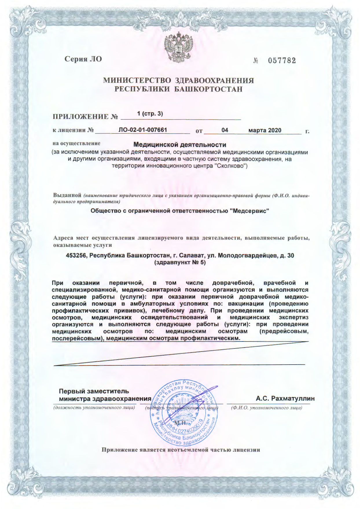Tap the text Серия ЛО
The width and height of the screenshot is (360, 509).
click(x=83, y=59)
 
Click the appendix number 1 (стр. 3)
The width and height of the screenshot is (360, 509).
click(x=150, y=114)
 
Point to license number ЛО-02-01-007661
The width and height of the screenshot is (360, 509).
click(x=143, y=130)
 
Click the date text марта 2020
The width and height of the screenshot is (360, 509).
click(x=265, y=130)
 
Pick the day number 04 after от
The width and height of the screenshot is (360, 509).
click(x=225, y=130)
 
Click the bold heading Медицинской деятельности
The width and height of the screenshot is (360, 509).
click(x=179, y=144)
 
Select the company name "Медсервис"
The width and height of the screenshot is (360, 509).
click(x=251, y=211)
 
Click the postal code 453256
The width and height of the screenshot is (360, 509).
click(x=77, y=256)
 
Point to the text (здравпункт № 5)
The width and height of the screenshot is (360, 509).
click(x=180, y=263)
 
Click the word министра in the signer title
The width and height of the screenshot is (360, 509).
click(x=74, y=399)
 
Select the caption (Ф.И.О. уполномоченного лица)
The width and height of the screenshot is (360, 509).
click(x=266, y=408)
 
